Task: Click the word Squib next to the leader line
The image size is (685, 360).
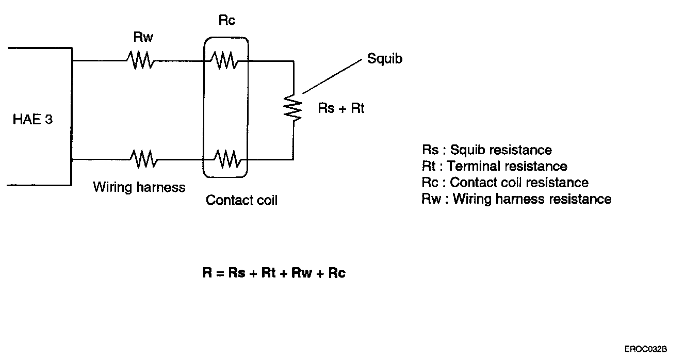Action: click(x=385, y=59)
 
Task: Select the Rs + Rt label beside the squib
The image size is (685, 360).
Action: click(x=341, y=109)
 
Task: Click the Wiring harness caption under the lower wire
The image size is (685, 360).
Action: click(x=139, y=187)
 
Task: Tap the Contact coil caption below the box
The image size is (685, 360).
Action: click(x=241, y=200)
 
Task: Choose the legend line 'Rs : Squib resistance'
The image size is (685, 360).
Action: click(x=486, y=150)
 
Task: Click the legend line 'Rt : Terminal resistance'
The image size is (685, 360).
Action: click(x=494, y=166)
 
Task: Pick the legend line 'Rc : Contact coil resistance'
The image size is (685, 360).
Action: click(x=504, y=183)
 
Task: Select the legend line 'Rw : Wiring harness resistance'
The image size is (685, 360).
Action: click(x=516, y=199)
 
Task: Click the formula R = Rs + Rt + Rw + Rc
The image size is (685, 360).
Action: click(x=274, y=273)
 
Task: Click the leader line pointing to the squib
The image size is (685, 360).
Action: click(x=332, y=77)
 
